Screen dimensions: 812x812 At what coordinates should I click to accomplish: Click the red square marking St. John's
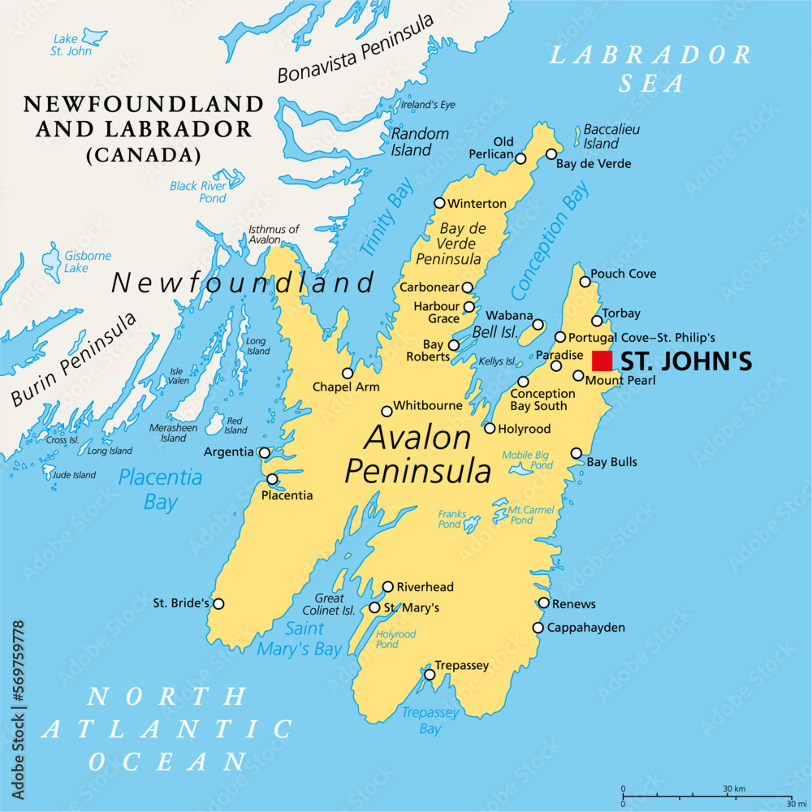click(602, 361)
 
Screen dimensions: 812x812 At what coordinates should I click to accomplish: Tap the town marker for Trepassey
click(430, 674)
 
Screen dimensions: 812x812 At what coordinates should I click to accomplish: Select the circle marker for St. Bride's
click(218, 603)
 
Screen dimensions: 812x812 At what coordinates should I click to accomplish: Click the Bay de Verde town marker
click(551, 154)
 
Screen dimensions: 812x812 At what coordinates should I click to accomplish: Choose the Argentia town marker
click(264, 452)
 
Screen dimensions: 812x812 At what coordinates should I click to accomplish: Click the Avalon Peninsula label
click(417, 455)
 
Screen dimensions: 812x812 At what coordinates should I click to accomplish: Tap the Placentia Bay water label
click(160, 489)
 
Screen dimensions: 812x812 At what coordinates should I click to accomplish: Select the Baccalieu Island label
click(601, 136)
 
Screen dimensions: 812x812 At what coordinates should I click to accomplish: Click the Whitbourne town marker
click(387, 412)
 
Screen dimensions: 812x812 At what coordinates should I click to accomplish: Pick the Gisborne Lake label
click(88, 261)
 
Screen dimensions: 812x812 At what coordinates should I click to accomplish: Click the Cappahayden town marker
click(538, 628)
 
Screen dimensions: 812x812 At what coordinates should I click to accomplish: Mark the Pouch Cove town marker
click(585, 281)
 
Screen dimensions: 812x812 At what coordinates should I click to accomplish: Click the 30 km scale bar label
click(735, 788)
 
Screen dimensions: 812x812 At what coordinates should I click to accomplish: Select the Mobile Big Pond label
click(526, 460)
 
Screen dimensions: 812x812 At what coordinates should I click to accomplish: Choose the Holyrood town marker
click(490, 428)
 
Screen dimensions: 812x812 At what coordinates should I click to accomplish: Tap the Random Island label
click(420, 141)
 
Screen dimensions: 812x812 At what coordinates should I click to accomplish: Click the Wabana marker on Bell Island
click(538, 325)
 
